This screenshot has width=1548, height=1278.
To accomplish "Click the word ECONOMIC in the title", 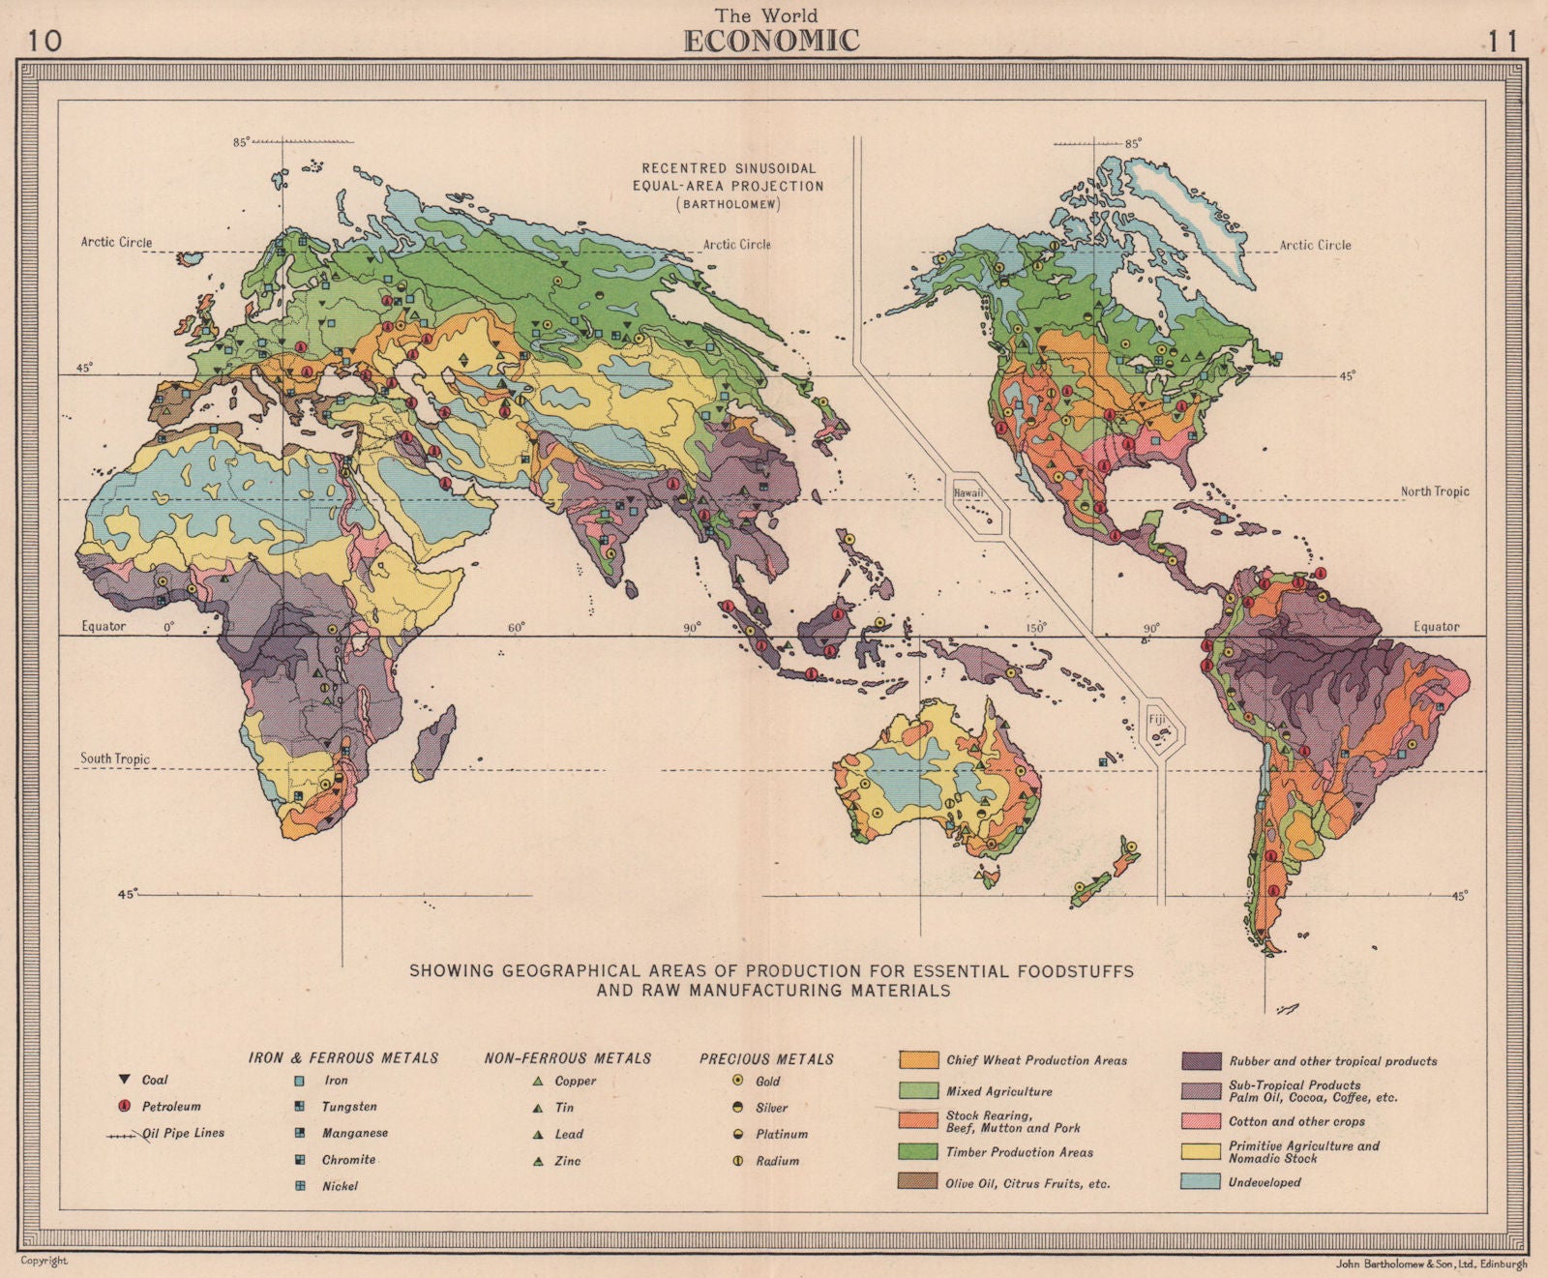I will pos(771,41).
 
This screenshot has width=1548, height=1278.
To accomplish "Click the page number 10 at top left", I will pos(43,42).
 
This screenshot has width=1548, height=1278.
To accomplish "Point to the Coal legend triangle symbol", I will pos(124,1080).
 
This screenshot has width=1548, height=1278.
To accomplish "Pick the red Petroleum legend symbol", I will pos(124,1106).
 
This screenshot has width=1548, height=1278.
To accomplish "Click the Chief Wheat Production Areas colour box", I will pos(918,1060).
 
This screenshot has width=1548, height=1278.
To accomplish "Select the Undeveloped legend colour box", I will pos(1201,1182).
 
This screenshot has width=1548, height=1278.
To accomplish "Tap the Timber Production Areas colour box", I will pos(918,1151).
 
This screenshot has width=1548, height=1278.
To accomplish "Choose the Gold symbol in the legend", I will pos(737,1081).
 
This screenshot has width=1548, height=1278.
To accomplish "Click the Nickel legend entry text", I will pos(340,1186).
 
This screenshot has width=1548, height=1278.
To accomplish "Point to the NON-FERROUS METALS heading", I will pos(567,1058).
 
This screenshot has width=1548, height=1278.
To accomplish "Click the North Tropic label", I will pos(1434,491).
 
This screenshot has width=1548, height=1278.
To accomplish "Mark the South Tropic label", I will pos(115,758).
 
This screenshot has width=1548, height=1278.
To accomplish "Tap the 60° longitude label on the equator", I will pos(516,628).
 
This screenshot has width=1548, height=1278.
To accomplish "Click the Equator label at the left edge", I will pos(103,626).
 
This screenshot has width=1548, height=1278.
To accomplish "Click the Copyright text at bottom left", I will pos(45,1261).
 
